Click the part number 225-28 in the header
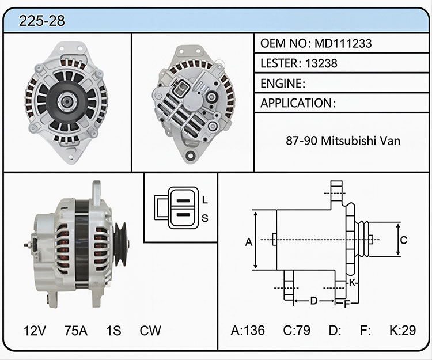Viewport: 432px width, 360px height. click(x=42, y=21)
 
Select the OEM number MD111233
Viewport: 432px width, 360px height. click(x=343, y=43)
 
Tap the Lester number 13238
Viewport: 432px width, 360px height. click(x=321, y=63)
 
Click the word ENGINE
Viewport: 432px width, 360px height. click(x=281, y=84)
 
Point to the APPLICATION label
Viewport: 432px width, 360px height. click(x=297, y=103)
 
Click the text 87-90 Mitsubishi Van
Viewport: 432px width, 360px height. click(x=343, y=141)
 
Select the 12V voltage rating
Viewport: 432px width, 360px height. click(x=35, y=330)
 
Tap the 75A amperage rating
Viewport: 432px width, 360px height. click(x=76, y=330)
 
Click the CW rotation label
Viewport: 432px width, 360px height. click(x=150, y=330)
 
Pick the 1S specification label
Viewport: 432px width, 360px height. click(x=113, y=330)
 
